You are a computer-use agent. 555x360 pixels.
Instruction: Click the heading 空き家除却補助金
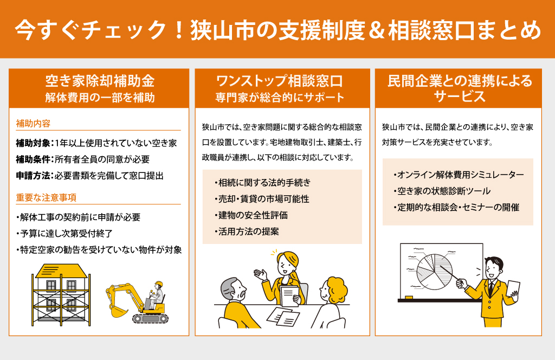[x=100, y=81]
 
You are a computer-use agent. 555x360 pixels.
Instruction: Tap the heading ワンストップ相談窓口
[x=279, y=81]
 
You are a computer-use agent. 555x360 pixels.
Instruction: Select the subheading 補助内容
[x=33, y=124]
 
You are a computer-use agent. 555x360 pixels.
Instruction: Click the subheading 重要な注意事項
[x=46, y=197]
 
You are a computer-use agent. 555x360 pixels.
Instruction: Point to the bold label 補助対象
[x=33, y=143]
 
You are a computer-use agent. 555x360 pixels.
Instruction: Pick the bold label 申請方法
[x=33, y=176]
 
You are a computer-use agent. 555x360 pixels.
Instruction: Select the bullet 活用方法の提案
[x=247, y=232]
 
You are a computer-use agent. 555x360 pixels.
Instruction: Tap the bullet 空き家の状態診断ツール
[x=442, y=191]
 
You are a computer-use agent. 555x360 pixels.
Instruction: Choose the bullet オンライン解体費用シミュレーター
[x=459, y=175]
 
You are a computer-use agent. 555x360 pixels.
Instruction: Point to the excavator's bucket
[x=118, y=311]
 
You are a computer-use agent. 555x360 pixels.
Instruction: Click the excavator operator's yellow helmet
[x=159, y=284]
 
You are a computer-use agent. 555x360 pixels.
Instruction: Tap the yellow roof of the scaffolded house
[x=61, y=271]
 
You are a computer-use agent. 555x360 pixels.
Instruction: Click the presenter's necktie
[x=491, y=288]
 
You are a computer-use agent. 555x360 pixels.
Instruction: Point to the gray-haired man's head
[x=233, y=289]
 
